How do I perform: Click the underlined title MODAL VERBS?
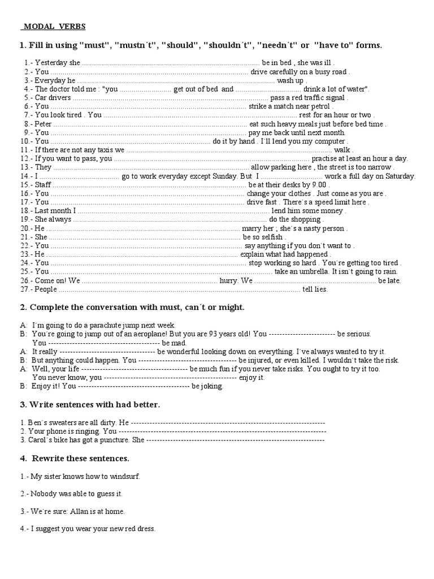(x=54, y=26)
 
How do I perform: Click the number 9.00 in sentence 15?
(x=319, y=185)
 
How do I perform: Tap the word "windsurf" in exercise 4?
(x=123, y=476)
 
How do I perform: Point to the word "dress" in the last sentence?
(x=144, y=529)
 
